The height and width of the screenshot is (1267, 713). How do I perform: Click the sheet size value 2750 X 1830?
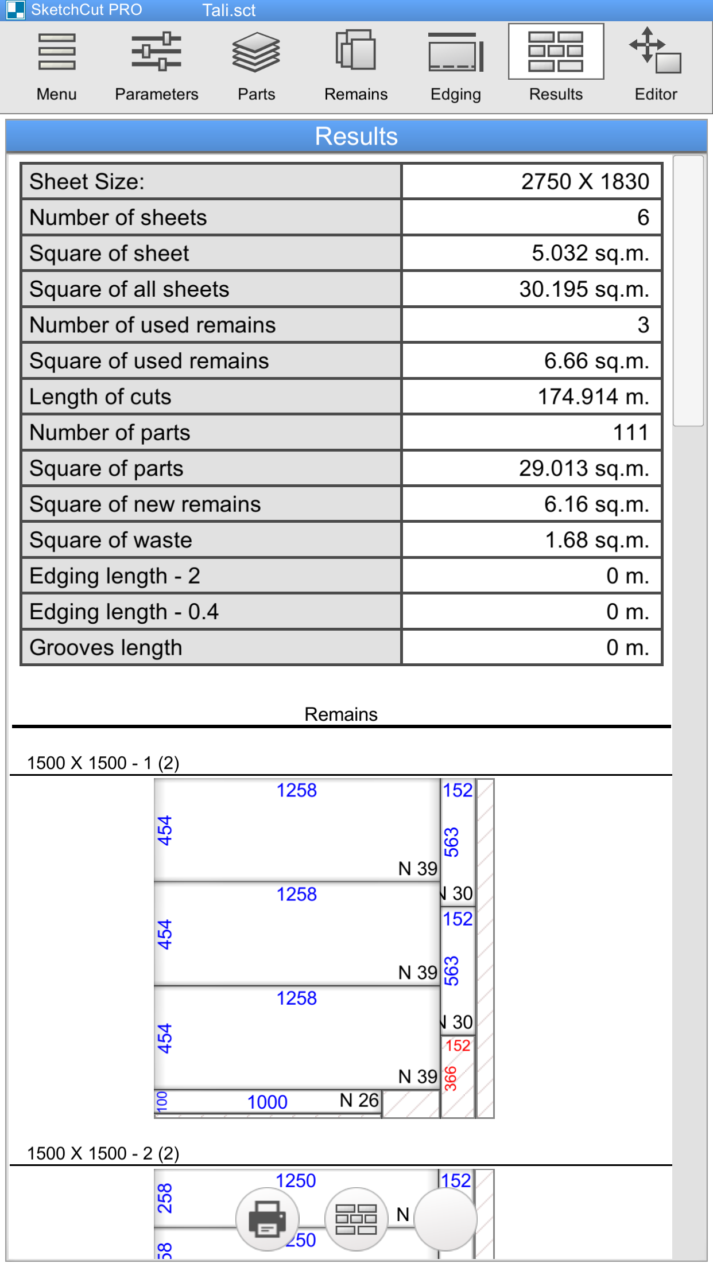584,182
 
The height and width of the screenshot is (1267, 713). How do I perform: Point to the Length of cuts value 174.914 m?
593,397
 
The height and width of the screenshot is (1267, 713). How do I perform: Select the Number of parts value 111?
630,433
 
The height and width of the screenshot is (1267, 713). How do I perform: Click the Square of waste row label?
111,541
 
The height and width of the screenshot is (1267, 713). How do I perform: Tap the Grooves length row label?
106,648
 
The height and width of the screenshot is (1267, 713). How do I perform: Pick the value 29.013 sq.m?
584,469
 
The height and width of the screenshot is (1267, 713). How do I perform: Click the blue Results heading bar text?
356,137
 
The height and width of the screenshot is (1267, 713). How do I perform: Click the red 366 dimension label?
451,1078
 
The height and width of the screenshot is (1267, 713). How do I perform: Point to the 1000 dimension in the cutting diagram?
267,1102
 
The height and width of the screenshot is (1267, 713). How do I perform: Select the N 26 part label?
359,1100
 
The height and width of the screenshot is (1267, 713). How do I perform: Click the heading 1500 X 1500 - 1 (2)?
103,763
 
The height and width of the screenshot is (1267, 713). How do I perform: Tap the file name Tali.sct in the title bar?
228,10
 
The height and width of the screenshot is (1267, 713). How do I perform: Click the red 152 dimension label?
458,1046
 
